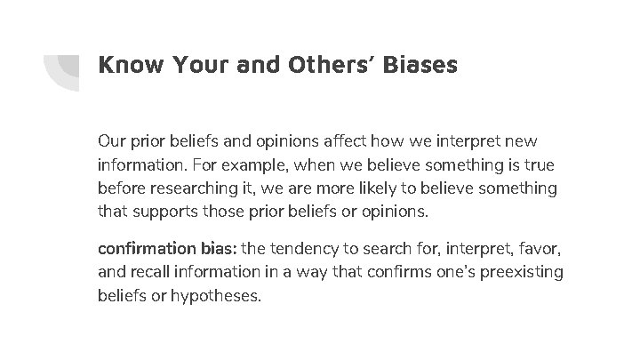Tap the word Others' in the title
[x=325, y=65]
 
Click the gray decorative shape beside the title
[x=62, y=69]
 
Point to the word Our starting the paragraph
[x=111, y=141]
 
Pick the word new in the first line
[x=521, y=141]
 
